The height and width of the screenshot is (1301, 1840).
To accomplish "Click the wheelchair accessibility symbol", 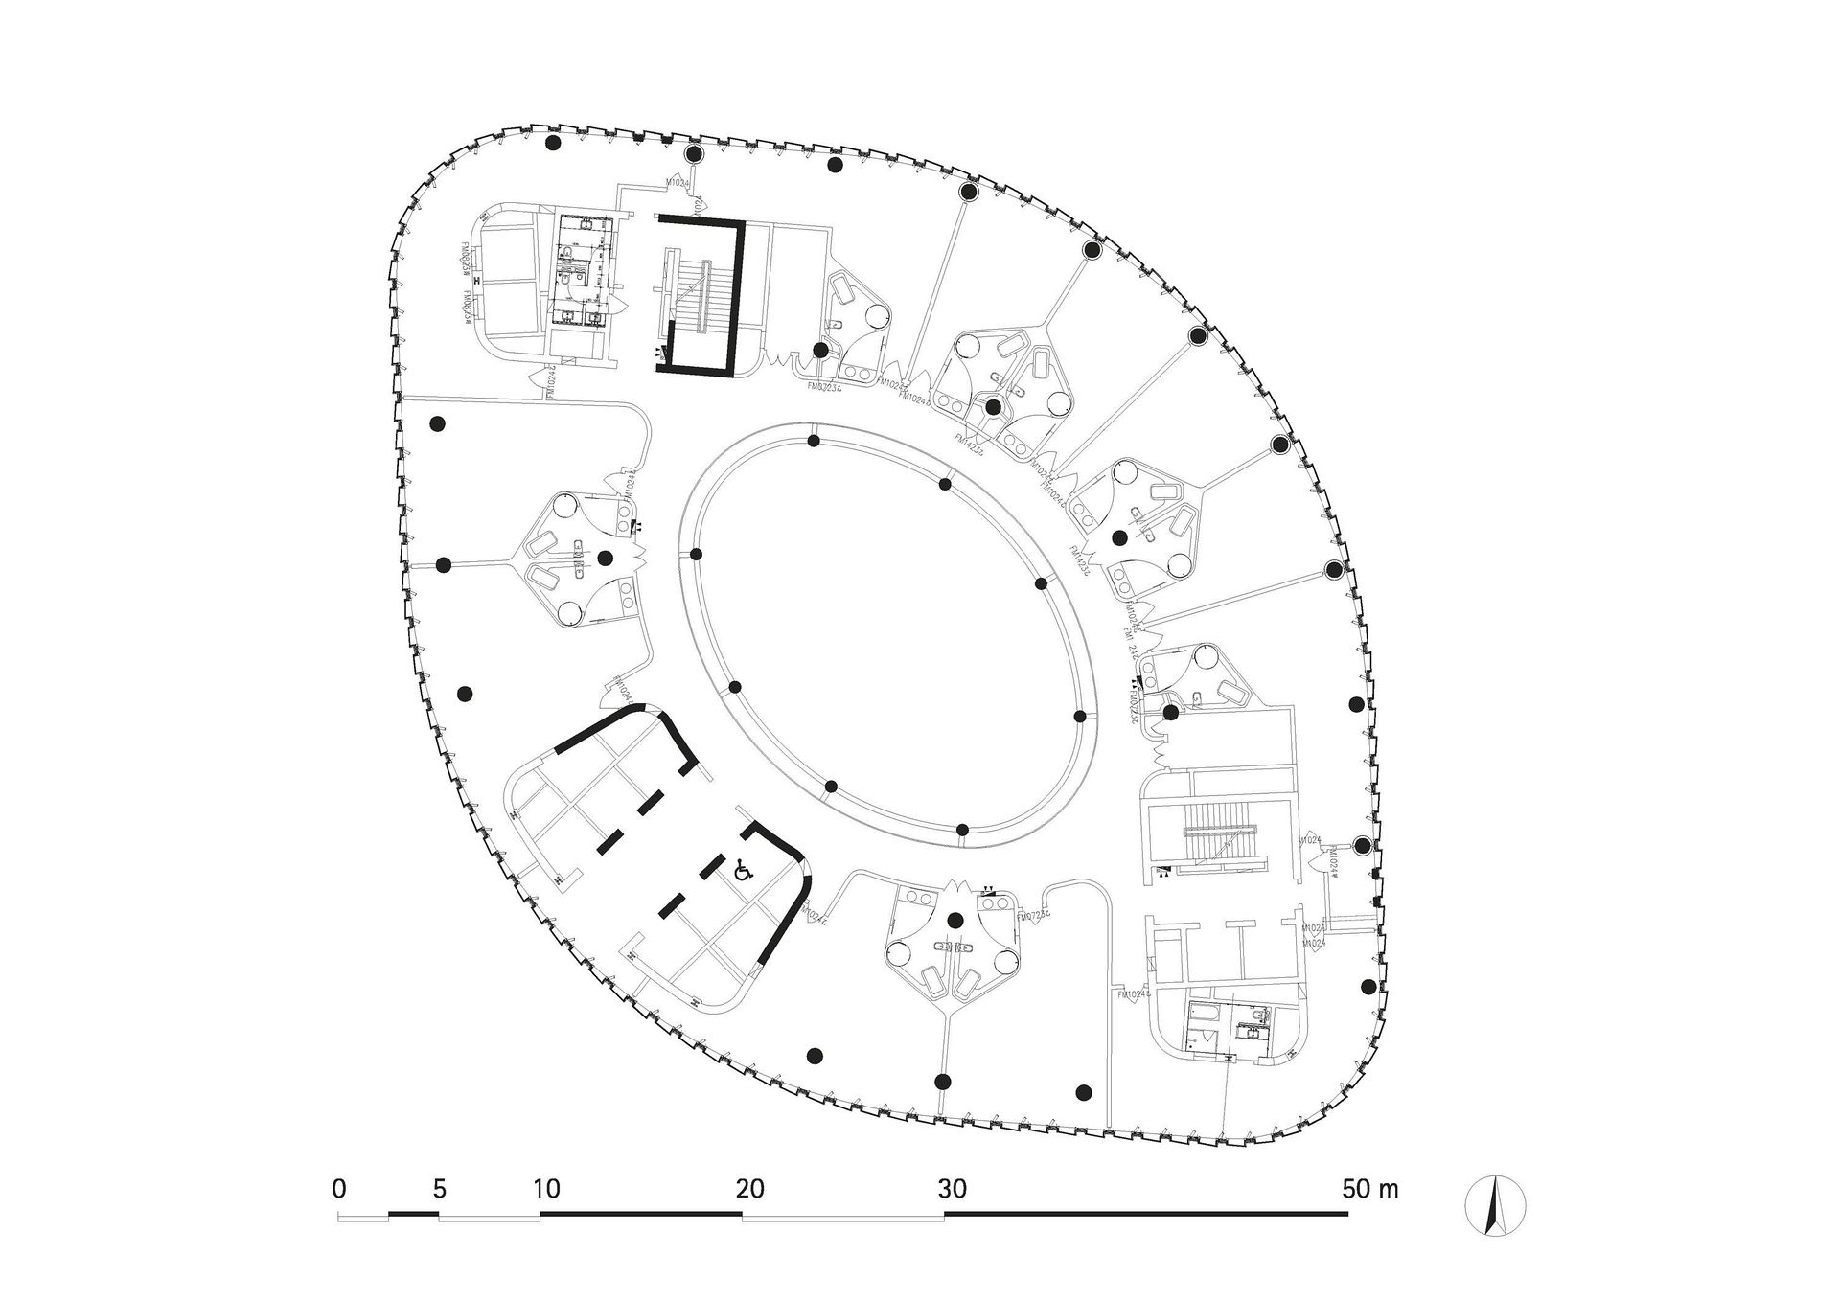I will point(742,871).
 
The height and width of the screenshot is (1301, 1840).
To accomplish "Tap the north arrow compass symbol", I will point(1495,1205).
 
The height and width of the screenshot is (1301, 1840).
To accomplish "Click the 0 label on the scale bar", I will point(338,1190).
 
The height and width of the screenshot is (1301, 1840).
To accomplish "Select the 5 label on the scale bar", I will point(439,1190).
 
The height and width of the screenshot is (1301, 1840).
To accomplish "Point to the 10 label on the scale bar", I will point(545,1190).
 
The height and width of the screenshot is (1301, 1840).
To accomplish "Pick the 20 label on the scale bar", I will point(749,1190).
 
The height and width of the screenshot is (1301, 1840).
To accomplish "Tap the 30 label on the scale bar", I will point(953,1190).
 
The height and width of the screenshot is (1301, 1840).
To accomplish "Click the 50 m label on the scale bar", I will point(1369,1190).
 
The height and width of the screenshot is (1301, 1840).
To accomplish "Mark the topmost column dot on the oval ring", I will point(813,442).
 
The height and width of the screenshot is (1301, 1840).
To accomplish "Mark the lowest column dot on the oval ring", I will point(962,830).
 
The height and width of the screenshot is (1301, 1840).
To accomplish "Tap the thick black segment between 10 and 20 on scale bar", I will point(641,1215).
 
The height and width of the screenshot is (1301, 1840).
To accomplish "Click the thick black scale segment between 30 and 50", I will point(1146,1215).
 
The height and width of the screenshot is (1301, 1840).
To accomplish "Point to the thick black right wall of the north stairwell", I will point(738,297).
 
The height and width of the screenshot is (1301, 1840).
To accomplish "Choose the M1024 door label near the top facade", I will point(678,181).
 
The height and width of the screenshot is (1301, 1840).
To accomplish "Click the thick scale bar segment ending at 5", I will point(413,1215).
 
